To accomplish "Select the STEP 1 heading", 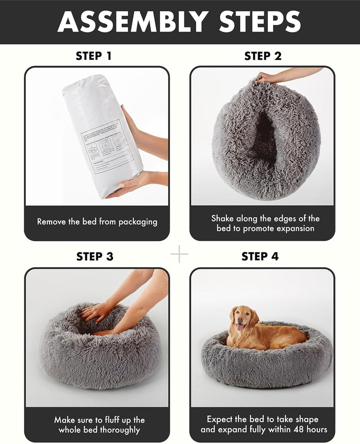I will (94, 56).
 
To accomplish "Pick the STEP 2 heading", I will (263, 56).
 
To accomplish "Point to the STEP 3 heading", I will (94, 256).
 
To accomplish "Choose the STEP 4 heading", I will (260, 256).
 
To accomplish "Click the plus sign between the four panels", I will (179, 254).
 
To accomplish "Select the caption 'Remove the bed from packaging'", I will (97, 222).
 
